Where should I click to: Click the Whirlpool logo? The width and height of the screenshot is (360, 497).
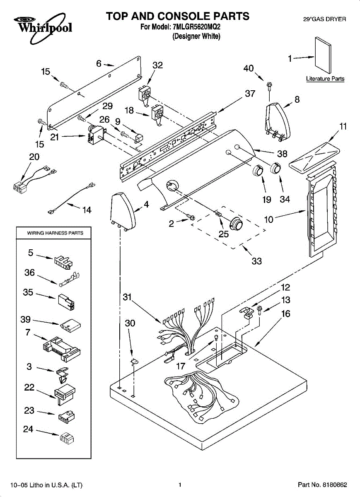43,28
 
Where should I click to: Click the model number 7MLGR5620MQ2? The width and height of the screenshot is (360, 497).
196,27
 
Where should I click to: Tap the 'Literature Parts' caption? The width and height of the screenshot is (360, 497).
325,79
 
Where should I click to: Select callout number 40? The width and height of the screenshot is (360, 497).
249,68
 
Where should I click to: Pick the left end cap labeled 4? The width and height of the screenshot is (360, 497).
123,212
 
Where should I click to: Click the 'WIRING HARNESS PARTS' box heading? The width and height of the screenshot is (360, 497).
55,233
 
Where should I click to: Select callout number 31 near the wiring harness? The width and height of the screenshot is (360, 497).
127,297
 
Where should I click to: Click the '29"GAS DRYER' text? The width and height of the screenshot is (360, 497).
324,19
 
